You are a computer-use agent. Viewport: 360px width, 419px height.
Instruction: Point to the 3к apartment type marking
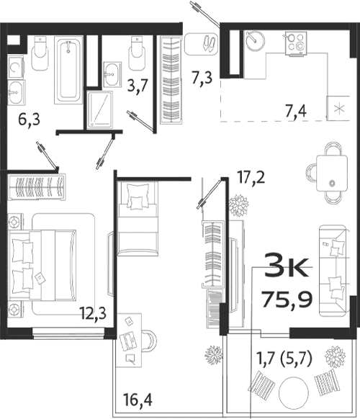(x=288, y=267)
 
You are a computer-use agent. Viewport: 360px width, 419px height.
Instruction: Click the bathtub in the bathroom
(x=70, y=71)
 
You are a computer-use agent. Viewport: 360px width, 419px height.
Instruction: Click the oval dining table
(x=333, y=171)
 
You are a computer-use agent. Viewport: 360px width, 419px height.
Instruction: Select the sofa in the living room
(x=332, y=267)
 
